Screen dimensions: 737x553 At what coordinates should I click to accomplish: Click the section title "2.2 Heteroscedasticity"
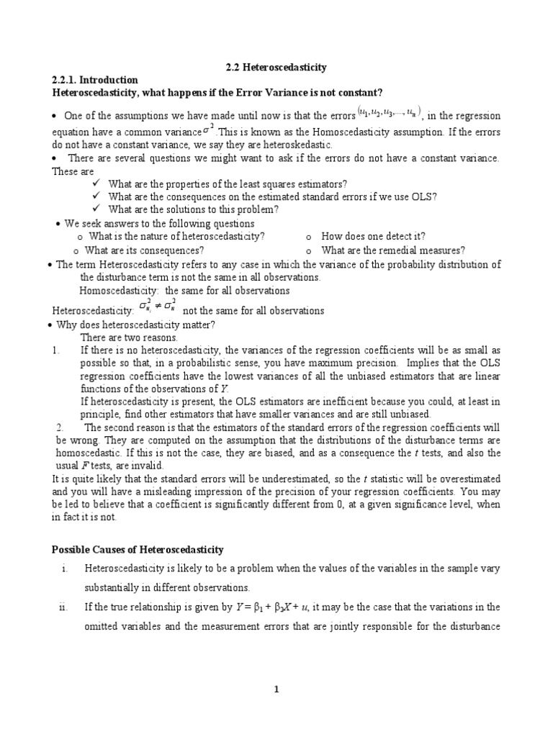pos(276,68)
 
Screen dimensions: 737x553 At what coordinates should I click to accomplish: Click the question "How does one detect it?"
pos(373,236)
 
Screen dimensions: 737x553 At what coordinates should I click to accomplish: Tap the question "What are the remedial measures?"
pos(392,250)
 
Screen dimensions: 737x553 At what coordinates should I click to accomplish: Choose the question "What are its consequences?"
pos(144,250)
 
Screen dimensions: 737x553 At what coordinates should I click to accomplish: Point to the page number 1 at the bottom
pos(276,689)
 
